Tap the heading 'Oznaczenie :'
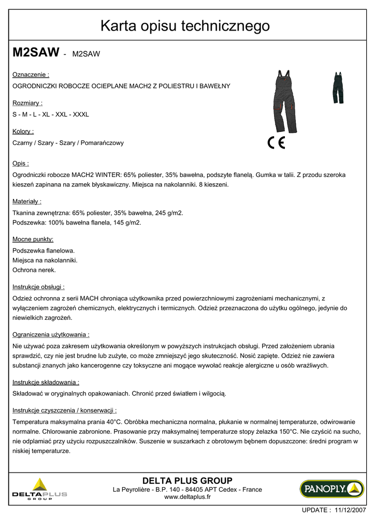coord(31,75)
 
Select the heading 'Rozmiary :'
coord(27,103)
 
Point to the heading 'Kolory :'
coord(23,131)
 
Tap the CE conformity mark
coord(277,143)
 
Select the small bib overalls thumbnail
coord(338,87)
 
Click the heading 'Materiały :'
coord(27,201)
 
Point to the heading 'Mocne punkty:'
coord(33,239)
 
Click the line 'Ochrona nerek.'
coord(34,270)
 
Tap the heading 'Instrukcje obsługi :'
coord(38,287)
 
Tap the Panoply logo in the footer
coord(331,489)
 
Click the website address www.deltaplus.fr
coord(187,497)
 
